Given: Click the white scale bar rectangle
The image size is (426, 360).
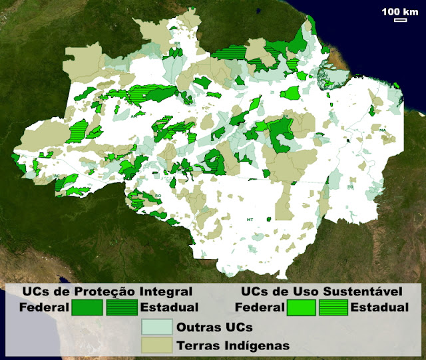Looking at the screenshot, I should pos(400,20).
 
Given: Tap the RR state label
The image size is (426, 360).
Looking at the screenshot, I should pos(178,44).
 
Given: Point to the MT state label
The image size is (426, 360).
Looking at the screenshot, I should pos(250,218).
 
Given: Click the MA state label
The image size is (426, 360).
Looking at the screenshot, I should pos(383,130).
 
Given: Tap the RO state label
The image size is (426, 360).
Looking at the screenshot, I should pos(158,195).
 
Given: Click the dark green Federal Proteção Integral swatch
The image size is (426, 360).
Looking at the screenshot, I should pos(87,307).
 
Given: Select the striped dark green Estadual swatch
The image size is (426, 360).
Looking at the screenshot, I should pos(121,307).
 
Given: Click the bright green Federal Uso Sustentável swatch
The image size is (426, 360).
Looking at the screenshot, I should pos(300,307).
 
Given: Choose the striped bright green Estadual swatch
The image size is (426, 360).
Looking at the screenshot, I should pos(333,307).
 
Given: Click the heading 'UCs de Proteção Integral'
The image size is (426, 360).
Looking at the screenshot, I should pos(107,291).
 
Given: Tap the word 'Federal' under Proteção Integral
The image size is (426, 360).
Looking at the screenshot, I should pos(44,307).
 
